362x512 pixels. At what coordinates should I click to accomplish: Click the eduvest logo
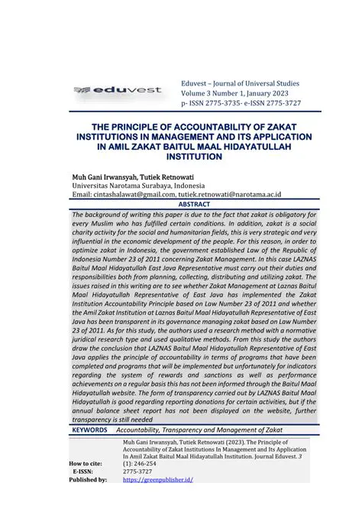tap(118, 90)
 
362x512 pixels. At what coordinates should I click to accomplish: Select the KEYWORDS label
tap(89, 431)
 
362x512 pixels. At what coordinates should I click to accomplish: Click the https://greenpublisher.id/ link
tap(157, 479)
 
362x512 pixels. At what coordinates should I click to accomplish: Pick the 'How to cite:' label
tap(86, 464)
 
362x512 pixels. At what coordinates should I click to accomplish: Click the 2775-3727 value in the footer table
tap(138, 471)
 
